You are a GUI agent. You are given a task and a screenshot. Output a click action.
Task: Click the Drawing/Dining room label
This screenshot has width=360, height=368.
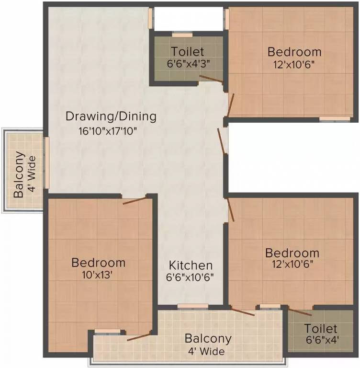click(x=111, y=116)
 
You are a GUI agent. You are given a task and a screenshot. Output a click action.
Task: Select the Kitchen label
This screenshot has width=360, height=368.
click(x=191, y=265)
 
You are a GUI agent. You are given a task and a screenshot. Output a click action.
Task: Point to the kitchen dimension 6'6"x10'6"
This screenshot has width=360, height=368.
click(x=191, y=277)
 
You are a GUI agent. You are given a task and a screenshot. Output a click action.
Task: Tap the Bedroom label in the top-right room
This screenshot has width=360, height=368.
click(x=294, y=52)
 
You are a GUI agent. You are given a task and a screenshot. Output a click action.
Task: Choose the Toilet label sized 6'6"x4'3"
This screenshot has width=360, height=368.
click(x=187, y=51)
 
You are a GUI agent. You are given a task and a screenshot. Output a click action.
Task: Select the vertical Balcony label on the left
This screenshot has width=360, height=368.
click(x=19, y=175)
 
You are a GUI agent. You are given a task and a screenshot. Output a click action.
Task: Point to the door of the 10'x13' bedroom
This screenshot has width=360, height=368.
click(x=135, y=200)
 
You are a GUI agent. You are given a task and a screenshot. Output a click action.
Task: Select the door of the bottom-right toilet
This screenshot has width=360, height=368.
click(x=300, y=312)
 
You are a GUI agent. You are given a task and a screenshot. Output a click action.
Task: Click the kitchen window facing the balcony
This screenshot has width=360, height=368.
click(x=192, y=306)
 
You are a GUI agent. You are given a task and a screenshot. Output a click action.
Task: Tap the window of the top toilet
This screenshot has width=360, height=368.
click(x=181, y=35)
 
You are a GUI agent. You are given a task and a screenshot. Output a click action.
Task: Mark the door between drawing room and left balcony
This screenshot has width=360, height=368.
click(x=46, y=163)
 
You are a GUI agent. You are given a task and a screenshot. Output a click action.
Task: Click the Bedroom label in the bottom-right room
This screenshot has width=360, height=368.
click(x=292, y=253)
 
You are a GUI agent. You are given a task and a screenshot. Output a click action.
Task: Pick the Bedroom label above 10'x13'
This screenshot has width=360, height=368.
click(x=98, y=263)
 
